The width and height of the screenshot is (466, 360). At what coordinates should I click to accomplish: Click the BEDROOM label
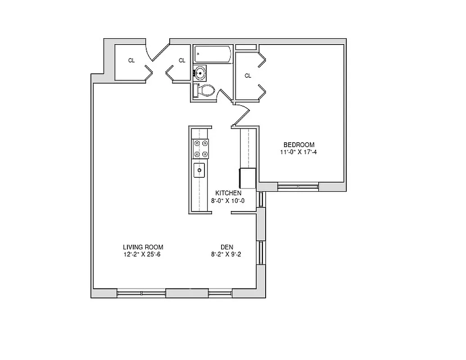tap(299, 144)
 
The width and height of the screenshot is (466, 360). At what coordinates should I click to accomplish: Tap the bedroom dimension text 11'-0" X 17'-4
tap(299, 152)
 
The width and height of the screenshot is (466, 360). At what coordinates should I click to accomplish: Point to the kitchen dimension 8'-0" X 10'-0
tap(228, 201)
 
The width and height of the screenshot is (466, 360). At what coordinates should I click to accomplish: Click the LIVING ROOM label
tap(143, 247)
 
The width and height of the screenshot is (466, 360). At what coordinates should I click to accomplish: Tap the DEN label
tap(226, 247)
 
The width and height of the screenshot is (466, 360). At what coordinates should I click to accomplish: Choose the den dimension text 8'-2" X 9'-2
tap(226, 255)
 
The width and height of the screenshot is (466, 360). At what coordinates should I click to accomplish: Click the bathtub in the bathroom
tap(213, 55)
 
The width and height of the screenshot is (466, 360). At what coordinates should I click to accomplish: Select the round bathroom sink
tap(200, 72)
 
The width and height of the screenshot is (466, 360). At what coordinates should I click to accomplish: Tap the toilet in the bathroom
tap(204, 90)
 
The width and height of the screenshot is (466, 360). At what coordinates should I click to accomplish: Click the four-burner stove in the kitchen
tap(201, 148)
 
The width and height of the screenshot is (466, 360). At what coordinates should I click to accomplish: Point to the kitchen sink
tap(199, 171)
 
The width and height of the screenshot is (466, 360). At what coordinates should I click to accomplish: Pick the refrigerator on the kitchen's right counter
tap(248, 178)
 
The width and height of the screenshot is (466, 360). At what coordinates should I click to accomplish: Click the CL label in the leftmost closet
tap(131, 61)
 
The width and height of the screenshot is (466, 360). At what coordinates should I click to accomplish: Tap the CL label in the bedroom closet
tap(248, 76)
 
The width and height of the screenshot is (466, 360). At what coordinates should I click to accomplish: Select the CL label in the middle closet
tap(182, 61)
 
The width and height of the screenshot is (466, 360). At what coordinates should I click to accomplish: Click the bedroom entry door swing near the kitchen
tap(241, 115)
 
